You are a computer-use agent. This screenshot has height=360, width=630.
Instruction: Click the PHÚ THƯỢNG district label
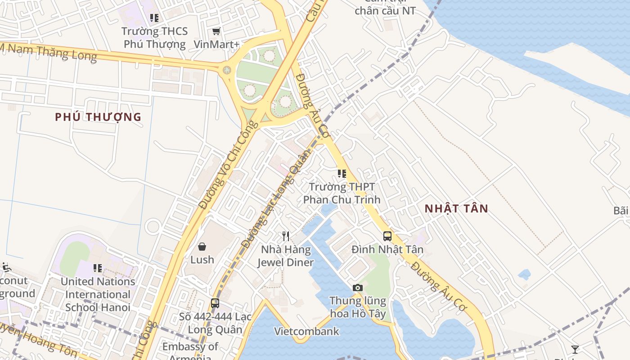pos(98,117)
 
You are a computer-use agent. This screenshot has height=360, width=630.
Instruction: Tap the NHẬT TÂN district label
pos(457,208)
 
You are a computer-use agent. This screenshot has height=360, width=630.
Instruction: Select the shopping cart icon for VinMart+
pos(216,31)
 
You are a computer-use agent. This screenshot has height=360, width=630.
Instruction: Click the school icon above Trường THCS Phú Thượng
pos(154,18)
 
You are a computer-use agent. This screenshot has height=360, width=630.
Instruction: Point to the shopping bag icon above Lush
pos(202,247)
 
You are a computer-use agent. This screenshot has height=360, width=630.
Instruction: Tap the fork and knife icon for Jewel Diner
pos(285,236)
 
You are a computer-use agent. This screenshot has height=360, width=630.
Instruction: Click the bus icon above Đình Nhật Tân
pos(387,236)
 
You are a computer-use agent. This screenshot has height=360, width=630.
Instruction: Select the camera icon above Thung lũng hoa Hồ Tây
pos(358,288)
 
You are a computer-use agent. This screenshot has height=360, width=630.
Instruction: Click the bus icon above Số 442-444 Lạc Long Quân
pos(215,303)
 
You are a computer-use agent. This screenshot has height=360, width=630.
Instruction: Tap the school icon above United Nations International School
pos(98,268)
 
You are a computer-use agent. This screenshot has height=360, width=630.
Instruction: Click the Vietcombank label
pos(307,332)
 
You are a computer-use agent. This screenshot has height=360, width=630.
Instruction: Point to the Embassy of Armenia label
pos(190,351)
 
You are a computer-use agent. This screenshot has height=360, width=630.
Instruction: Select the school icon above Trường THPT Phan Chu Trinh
pos(342,173)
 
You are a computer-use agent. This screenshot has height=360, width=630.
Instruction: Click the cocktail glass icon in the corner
pos(575,349)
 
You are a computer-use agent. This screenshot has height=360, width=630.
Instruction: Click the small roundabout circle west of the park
pos(227,70)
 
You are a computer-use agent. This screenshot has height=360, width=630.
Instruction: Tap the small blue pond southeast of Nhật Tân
pos(524,274)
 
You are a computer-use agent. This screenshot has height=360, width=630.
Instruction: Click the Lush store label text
pos(202,260)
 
